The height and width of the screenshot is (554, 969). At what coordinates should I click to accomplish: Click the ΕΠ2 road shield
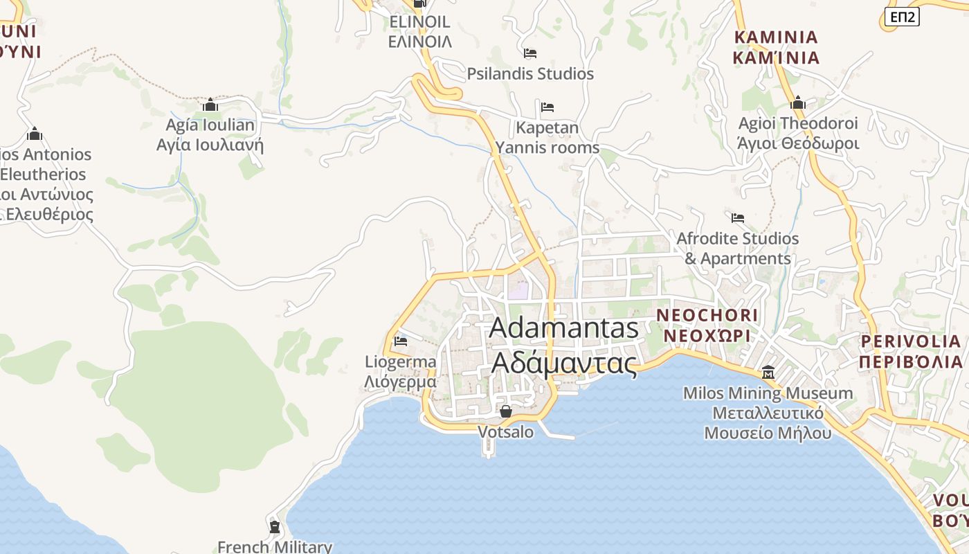coord(902,17)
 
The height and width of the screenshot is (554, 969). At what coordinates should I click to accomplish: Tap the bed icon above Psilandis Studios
coord(530,53)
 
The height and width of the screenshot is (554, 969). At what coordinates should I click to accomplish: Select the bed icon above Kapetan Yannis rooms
coord(547,107)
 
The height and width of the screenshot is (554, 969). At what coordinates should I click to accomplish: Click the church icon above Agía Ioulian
coord(210,105)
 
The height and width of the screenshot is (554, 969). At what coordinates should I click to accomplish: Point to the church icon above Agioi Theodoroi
coord(798,104)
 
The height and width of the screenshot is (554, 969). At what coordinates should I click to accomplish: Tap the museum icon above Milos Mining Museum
coord(768,373)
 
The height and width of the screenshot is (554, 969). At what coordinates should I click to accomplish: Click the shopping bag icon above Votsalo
coord(506,411)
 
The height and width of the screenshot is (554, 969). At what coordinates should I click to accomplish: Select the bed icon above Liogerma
coord(401,341)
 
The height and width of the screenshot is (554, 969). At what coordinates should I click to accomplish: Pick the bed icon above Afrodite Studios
coord(738,218)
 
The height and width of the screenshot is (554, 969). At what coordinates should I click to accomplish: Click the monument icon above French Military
coord(275,527)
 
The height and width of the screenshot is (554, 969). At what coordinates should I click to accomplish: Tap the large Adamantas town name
coord(563,328)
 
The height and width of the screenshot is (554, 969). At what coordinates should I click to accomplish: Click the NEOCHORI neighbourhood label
coord(707,316)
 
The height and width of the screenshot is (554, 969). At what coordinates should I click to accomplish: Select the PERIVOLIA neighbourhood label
coord(911,341)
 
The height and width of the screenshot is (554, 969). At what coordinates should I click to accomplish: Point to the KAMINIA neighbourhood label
coord(776,37)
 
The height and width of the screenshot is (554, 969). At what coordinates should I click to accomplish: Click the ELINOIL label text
coord(419,22)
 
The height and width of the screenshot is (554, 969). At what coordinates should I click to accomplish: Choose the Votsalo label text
coord(506,432)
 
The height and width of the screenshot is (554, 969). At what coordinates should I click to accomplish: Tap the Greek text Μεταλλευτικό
coord(768,413)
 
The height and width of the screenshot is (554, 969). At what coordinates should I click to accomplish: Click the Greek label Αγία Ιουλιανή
coord(210,145)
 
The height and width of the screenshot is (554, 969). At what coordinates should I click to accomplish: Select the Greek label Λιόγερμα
coord(401,382)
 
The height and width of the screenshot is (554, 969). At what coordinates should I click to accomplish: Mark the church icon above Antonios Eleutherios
coord(35,134)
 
